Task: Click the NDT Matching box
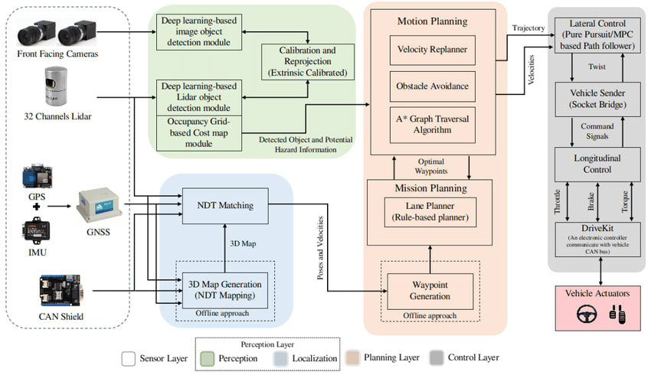224,204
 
